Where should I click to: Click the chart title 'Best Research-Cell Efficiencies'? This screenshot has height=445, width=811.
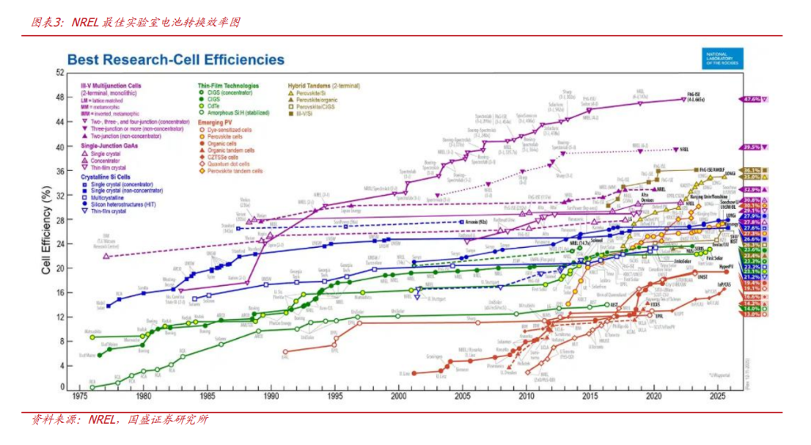click(175, 59)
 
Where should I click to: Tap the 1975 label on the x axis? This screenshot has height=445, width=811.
click(79, 395)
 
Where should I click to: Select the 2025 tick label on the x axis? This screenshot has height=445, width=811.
click(718, 395)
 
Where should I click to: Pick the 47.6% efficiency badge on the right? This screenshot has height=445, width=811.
click(751, 100)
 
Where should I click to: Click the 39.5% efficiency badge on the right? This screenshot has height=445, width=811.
click(751, 147)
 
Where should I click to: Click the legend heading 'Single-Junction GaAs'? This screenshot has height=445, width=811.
click(112, 146)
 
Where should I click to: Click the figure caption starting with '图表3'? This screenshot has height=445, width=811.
click(135, 22)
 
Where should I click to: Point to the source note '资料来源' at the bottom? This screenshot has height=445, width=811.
click(119, 420)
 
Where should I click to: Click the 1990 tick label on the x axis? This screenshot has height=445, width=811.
click(271, 395)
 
